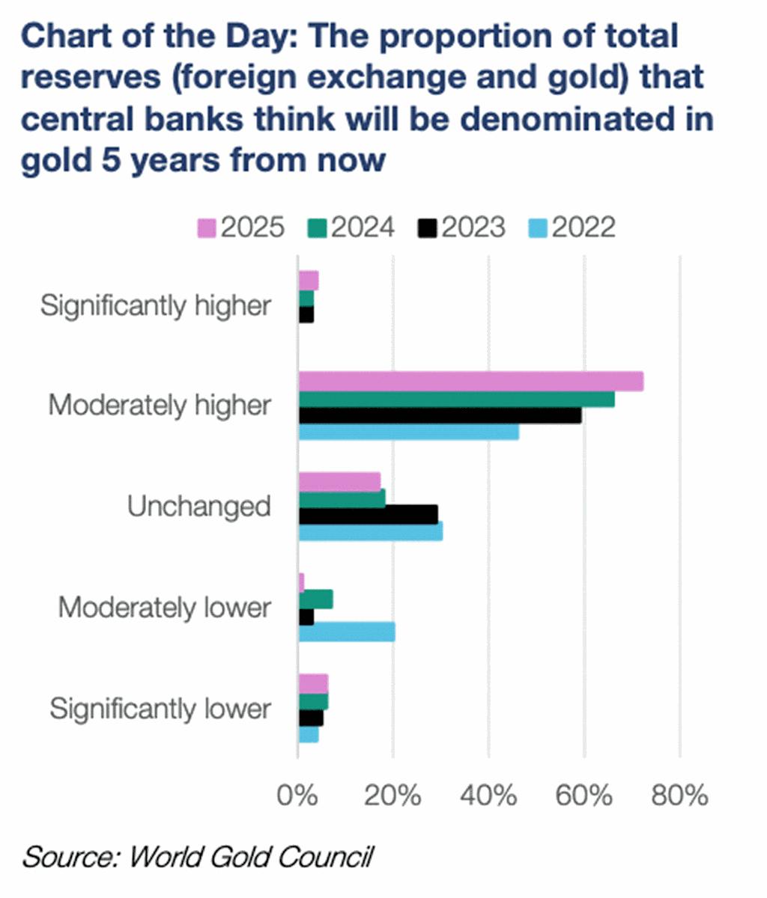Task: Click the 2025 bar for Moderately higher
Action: pos(470,382)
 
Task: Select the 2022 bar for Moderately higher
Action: pos(408,433)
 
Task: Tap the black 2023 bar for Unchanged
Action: pos(368,514)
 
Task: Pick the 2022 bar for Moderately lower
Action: pos(347,632)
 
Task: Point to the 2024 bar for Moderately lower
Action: pos(315,599)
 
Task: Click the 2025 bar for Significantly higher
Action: pos(308,281)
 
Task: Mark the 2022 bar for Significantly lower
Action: pos(308,735)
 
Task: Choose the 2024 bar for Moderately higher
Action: pos(456,399)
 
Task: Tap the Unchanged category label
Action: pos(198,507)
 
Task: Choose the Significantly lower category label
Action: pos(160,709)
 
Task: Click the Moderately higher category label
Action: pos(159,406)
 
